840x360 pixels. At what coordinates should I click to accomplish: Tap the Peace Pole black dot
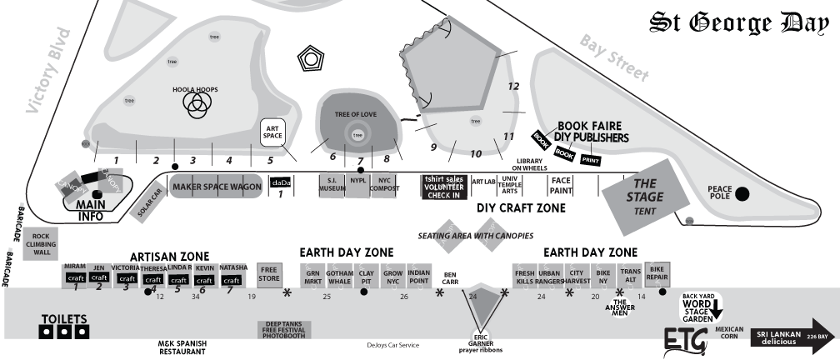click(x=742, y=193)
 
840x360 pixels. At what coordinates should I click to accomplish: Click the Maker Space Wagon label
click(x=217, y=187)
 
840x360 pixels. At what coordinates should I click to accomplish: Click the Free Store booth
click(x=269, y=274)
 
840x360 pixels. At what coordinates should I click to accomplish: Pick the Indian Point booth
click(x=420, y=275)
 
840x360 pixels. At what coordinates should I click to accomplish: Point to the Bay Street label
click(x=615, y=58)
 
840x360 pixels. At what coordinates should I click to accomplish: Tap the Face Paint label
click(x=562, y=185)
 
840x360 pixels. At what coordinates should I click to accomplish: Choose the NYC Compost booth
click(x=384, y=185)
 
